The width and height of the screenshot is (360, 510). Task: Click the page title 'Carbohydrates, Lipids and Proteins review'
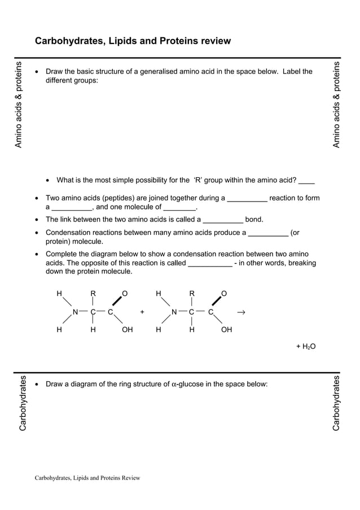click(x=133, y=41)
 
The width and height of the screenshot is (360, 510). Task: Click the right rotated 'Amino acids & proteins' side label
click(x=337, y=104)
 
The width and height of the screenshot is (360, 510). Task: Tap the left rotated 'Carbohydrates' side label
click(x=23, y=403)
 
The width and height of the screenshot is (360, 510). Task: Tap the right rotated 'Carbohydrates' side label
click(x=336, y=403)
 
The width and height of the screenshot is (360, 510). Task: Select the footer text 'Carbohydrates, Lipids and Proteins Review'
click(x=87, y=478)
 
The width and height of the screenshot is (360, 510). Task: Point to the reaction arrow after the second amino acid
click(x=241, y=312)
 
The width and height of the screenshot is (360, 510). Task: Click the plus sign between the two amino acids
click(x=142, y=312)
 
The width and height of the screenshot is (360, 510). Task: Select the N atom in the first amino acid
click(x=75, y=312)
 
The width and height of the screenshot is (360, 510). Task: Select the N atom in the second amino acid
click(x=174, y=312)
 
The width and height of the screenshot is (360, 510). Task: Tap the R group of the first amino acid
click(x=93, y=294)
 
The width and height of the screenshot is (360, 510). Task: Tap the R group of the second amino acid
click(x=192, y=294)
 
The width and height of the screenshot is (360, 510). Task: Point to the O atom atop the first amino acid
click(x=125, y=294)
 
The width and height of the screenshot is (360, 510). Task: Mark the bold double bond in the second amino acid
click(x=216, y=301)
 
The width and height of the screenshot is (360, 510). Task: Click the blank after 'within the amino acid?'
click(x=307, y=181)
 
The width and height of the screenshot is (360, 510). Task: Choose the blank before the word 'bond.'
click(x=222, y=220)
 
